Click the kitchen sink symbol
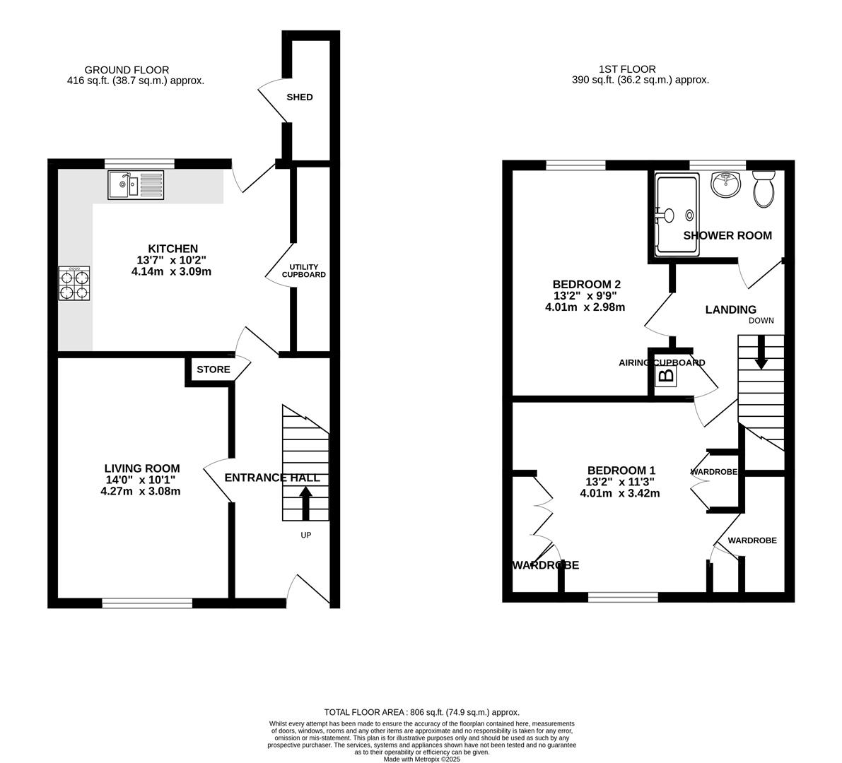(136, 185)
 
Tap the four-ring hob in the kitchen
(76, 284)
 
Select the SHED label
(299, 97)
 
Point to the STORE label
(213, 369)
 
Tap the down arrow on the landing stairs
(761, 352)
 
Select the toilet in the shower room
(764, 188)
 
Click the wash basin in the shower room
(726, 185)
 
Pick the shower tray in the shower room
(677, 214)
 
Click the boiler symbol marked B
(666, 376)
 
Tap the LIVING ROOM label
(142, 468)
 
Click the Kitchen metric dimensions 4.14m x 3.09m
(172, 271)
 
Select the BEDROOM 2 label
(586, 284)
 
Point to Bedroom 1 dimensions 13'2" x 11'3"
(621, 482)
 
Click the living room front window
(147, 603)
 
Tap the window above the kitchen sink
(139, 163)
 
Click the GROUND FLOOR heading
(127, 70)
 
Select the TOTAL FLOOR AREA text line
(421, 712)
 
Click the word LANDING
(730, 309)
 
